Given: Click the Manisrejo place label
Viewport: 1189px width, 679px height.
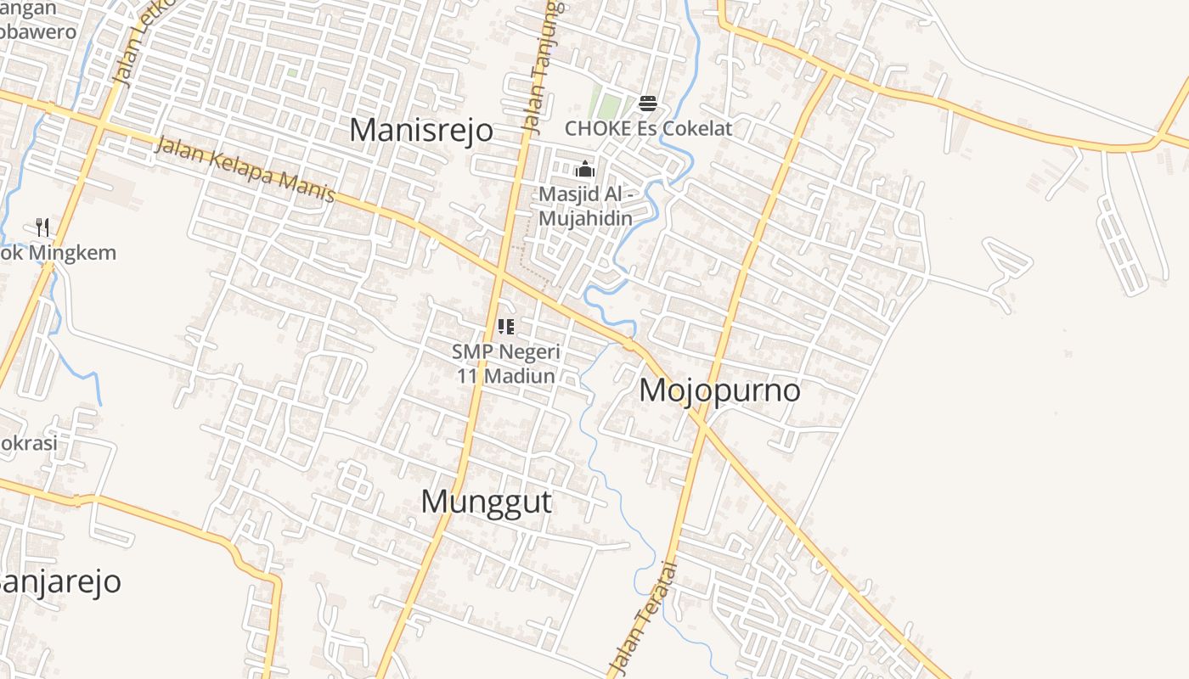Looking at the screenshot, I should pos(421,131).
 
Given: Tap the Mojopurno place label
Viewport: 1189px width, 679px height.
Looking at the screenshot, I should pos(719,390).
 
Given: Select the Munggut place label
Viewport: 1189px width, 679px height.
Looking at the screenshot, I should pos(486,502).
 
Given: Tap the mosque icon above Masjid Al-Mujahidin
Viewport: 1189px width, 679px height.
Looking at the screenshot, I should pos(584,170).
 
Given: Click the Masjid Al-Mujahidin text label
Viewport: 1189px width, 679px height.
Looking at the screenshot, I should pos(585,206).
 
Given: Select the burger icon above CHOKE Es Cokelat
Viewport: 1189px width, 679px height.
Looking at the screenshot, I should pos(648,104).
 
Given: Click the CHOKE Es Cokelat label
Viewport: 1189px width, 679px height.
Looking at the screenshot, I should pos(648,129).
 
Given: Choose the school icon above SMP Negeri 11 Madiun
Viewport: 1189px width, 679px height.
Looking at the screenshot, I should pos(506,327).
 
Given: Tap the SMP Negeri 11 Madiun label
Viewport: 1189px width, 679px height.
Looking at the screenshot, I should pos(506,363).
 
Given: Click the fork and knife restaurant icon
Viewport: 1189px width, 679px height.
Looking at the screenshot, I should pos(42,227).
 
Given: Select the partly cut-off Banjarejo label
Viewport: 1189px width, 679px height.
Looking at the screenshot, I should pos(59,582).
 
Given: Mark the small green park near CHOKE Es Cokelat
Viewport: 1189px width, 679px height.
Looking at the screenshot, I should pos(609,105).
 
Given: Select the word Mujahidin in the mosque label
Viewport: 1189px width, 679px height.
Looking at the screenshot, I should pos(585,219).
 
